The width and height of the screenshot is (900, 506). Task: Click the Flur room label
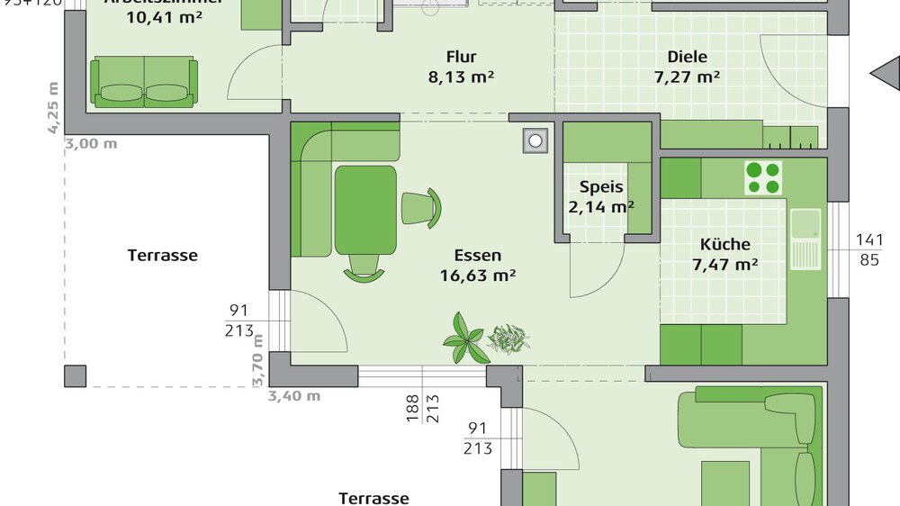(461, 58)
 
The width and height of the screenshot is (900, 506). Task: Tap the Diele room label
(687, 58)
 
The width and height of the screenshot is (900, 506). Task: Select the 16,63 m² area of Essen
(477, 276)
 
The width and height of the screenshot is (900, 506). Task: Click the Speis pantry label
(601, 188)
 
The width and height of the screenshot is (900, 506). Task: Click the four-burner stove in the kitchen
(763, 177)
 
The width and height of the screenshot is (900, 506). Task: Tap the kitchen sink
(805, 238)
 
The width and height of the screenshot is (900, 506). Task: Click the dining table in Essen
(365, 210)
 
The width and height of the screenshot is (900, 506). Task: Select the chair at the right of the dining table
(421, 207)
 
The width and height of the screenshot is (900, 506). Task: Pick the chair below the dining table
(365, 267)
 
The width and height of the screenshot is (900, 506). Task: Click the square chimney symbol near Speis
(536, 140)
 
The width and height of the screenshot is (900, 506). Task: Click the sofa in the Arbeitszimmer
(144, 82)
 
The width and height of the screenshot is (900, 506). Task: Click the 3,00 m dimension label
(91, 143)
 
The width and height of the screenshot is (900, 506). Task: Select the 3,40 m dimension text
(293, 395)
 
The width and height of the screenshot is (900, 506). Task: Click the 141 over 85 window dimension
(869, 250)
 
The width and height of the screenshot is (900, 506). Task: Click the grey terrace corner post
(76, 375)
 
